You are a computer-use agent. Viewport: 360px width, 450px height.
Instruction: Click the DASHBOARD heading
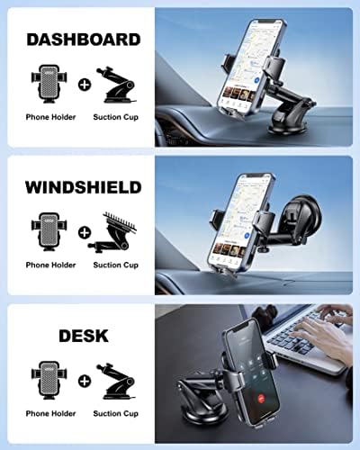[83, 40]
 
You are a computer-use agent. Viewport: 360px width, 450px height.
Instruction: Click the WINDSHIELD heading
[83, 187]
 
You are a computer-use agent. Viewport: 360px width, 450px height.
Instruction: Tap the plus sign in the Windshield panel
[83, 231]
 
